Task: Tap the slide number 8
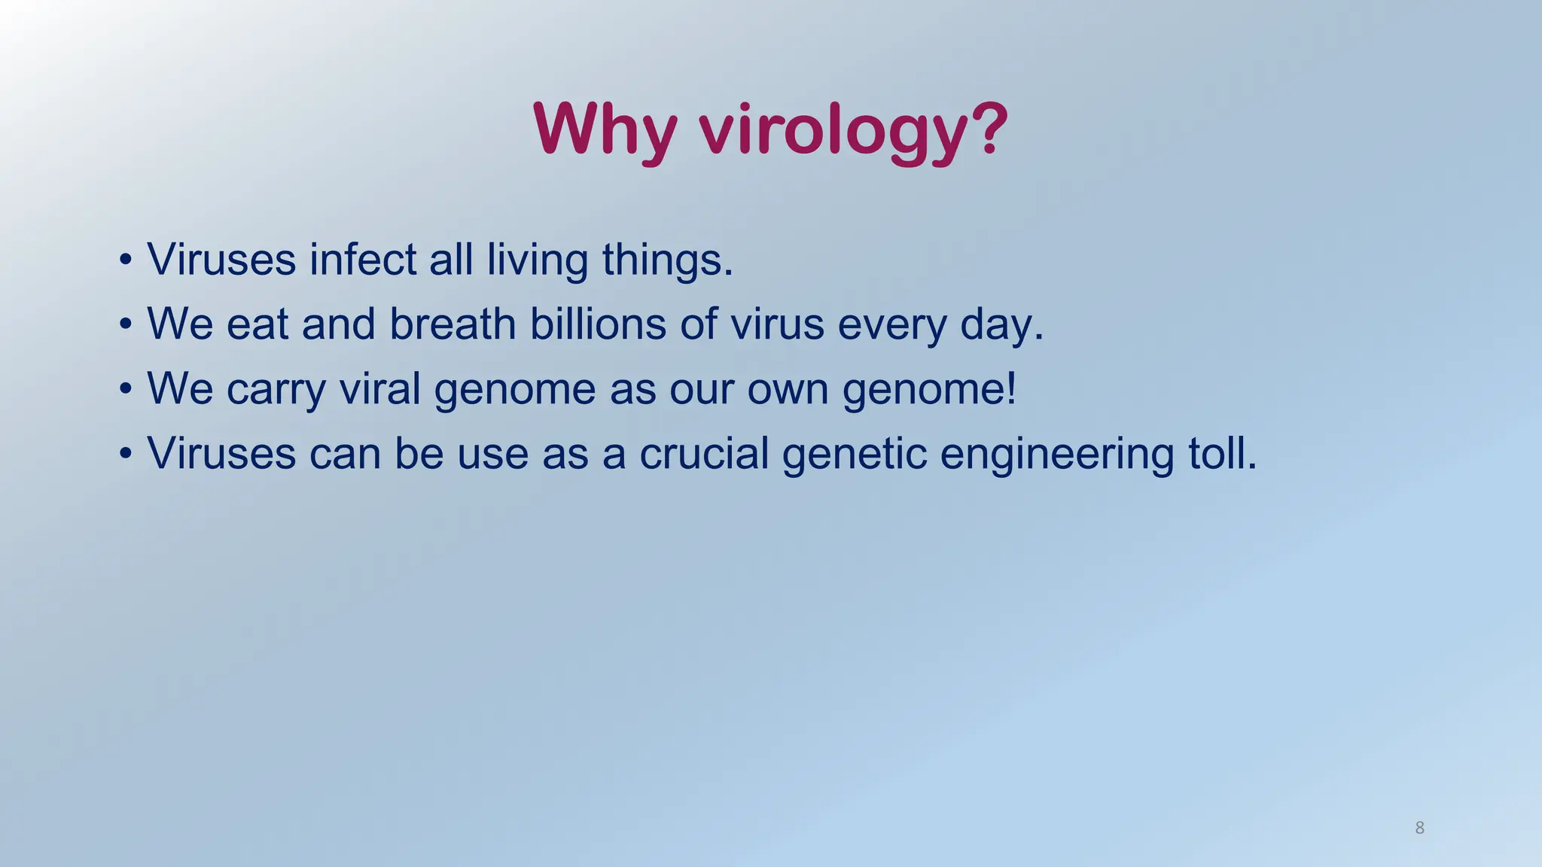pyautogui.click(x=1419, y=828)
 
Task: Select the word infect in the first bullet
pyautogui.click(x=363, y=260)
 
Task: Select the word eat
pyautogui.click(x=258, y=324)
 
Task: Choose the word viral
pyautogui.click(x=379, y=389)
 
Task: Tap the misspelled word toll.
pyautogui.click(x=1222, y=454)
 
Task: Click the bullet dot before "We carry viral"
pyautogui.click(x=126, y=390)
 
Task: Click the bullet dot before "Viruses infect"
pyautogui.click(x=126, y=260)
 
